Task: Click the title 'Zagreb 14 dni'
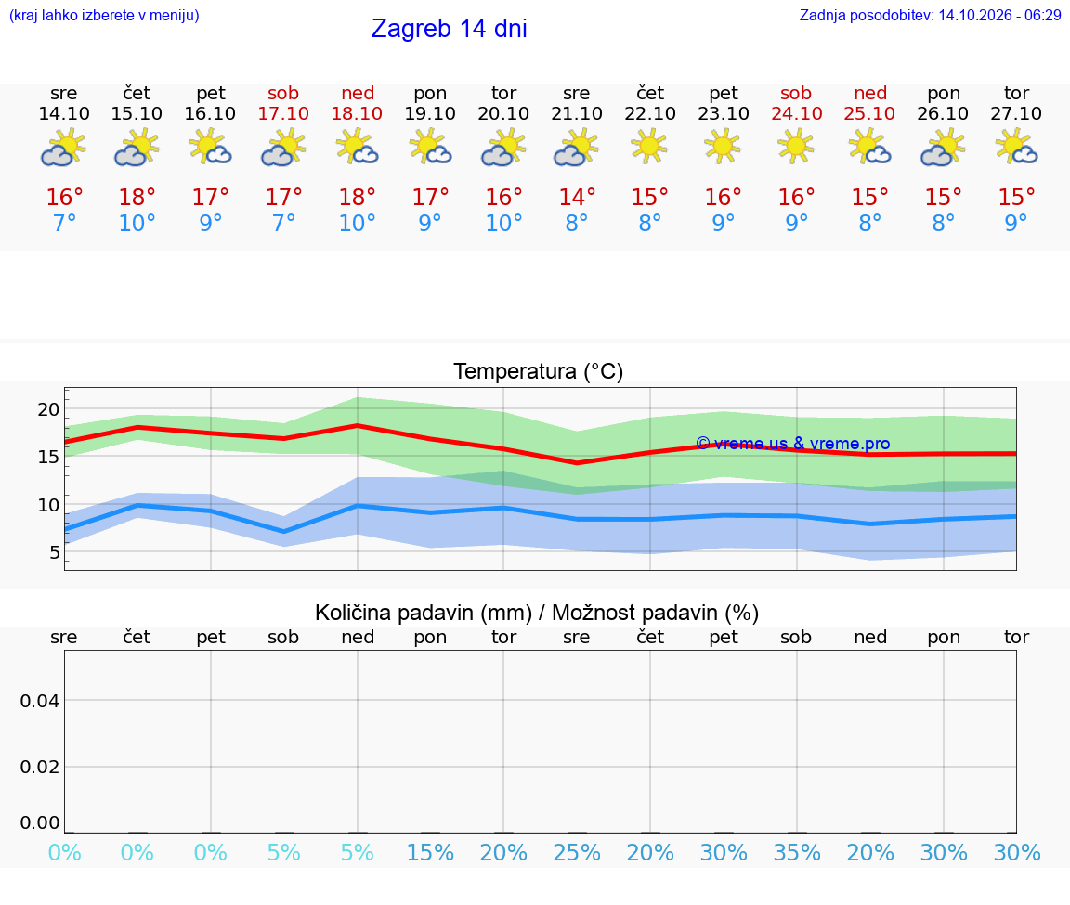click(449, 29)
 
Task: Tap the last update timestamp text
click(930, 16)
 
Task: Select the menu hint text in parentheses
click(104, 16)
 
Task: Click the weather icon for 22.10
click(649, 147)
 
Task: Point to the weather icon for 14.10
click(63, 149)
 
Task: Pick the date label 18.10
click(357, 113)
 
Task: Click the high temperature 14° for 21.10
click(577, 197)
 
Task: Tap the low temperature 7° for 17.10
click(284, 223)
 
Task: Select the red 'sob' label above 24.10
click(796, 93)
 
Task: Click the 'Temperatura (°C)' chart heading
click(539, 371)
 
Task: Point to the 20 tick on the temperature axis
click(48, 409)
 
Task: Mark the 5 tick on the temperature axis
click(55, 552)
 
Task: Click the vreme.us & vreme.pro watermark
click(793, 444)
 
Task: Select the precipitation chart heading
click(536, 613)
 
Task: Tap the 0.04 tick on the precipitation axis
click(40, 701)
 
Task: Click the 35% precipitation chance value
click(796, 852)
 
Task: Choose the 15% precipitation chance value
click(430, 852)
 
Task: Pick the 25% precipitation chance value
click(577, 852)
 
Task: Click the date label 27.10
click(1016, 113)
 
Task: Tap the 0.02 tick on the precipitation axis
click(40, 767)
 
